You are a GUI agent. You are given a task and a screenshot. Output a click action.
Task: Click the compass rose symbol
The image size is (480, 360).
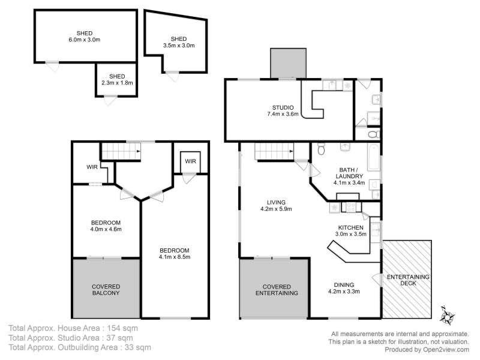(447, 313)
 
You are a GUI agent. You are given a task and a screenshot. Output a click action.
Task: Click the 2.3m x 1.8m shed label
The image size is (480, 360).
(116, 80)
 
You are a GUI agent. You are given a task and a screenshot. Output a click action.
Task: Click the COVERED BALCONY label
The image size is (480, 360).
(105, 290)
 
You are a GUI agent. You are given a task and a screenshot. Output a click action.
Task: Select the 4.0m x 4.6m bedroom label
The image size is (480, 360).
(106, 225)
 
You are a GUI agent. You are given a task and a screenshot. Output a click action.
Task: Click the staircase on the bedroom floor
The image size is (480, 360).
(120, 151)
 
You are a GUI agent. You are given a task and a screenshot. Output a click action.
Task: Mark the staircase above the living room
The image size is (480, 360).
(273, 152)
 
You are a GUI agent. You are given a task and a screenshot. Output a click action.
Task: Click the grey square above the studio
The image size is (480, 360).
(288, 63)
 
